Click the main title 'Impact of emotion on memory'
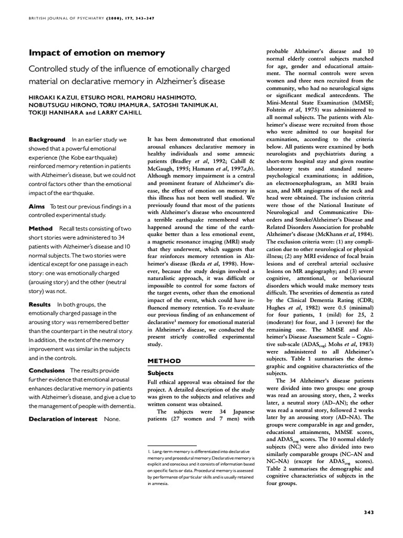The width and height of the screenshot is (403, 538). click(97, 53)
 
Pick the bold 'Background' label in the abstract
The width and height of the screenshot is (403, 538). click(47, 140)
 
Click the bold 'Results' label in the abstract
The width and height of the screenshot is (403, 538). click(40, 304)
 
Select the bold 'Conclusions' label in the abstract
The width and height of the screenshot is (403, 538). click(47, 370)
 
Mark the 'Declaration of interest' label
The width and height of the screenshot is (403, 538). click(63, 419)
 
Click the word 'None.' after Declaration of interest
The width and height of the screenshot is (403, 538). click(112, 419)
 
